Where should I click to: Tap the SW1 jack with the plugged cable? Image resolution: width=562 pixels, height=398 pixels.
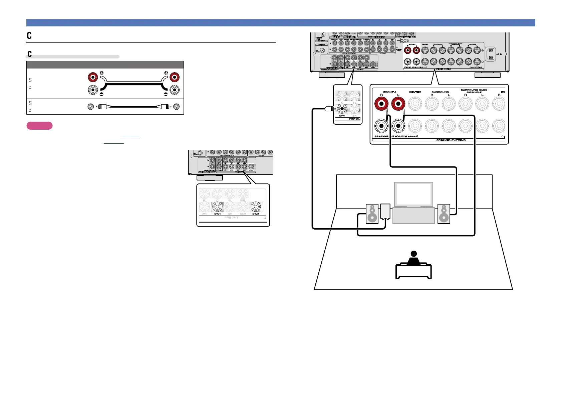tap(342, 109)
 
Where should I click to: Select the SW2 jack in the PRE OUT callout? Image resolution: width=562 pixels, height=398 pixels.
tap(256, 207)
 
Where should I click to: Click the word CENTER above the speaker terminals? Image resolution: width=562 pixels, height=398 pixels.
tap(415, 92)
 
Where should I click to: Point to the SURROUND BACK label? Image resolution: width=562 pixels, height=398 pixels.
tap(474, 90)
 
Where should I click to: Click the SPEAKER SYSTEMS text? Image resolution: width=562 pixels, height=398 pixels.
tap(451, 140)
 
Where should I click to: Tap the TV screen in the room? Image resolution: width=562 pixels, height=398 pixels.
tap(413, 194)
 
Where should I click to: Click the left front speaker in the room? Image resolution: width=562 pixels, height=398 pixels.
tap(372, 214)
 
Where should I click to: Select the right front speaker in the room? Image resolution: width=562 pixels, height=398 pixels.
tap(444, 214)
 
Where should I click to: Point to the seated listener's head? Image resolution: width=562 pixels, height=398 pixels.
tap(413, 254)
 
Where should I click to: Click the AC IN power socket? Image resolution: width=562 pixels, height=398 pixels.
tap(491, 53)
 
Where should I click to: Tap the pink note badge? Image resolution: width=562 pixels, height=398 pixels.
tap(39, 126)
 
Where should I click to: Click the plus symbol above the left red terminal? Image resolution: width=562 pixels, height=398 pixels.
tap(101, 73)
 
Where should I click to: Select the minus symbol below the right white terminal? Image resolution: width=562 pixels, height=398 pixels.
tap(166, 95)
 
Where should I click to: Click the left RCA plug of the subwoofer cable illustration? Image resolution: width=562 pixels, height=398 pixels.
tap(101, 107)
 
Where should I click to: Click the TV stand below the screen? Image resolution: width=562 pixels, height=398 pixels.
tap(413, 216)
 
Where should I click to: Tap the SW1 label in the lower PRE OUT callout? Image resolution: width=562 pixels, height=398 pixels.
tap(217, 214)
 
